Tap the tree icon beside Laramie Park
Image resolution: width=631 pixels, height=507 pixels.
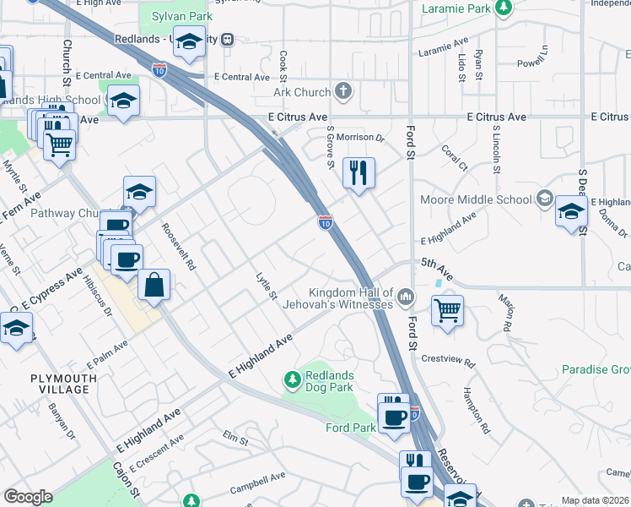[x=504, y=8]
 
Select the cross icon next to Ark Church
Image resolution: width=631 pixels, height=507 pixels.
[x=342, y=91]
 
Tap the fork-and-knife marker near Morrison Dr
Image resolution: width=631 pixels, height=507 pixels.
[x=359, y=173]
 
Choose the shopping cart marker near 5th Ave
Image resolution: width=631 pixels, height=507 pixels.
[x=447, y=308]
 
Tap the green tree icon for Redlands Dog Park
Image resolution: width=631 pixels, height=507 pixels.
[x=293, y=381]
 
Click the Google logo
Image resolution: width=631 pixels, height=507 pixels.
[x=28, y=497]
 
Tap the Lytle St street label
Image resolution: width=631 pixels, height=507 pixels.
[x=267, y=286]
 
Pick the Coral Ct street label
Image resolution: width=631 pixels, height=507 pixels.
[x=454, y=157]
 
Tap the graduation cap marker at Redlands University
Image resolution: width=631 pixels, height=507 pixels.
[x=190, y=41]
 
